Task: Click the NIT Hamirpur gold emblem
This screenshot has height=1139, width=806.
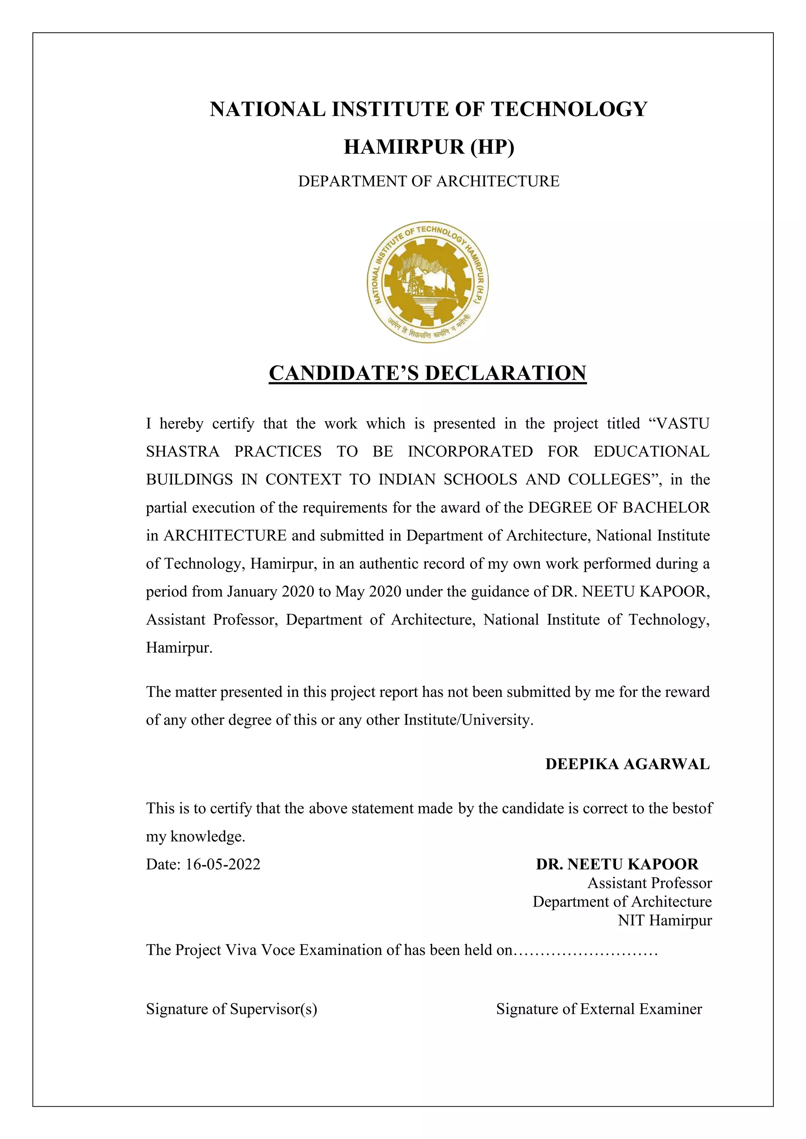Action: click(428, 281)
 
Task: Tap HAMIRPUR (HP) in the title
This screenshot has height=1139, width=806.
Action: click(429, 147)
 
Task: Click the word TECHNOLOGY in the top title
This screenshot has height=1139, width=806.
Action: click(569, 109)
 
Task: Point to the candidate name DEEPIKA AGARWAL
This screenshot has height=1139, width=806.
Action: click(627, 764)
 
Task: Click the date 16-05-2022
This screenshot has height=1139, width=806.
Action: click(223, 864)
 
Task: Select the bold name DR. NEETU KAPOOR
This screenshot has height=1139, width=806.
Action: click(617, 864)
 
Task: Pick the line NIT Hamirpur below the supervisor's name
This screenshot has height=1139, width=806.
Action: click(665, 921)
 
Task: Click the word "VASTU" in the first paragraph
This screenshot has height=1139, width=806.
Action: click(682, 424)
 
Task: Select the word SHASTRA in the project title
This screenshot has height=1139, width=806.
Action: click(183, 452)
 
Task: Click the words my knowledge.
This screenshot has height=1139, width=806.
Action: click(196, 837)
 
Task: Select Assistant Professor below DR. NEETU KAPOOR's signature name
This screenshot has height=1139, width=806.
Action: click(650, 883)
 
